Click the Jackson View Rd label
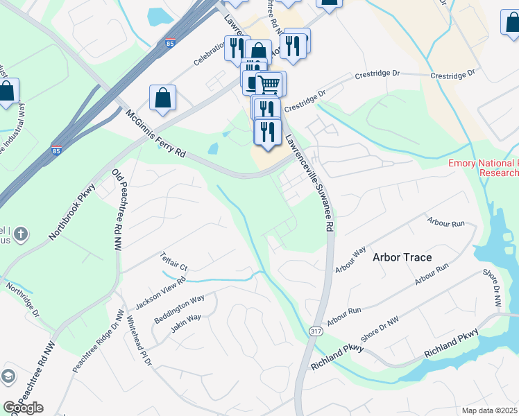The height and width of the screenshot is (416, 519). click(160, 293)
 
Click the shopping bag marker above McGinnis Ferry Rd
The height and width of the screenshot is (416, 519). click(162, 98)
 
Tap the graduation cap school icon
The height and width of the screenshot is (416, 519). click(8, 376)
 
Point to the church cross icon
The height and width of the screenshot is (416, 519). click(21, 234)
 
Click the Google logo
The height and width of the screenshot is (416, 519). click(23, 407)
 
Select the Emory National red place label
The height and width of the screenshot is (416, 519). click(483, 168)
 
